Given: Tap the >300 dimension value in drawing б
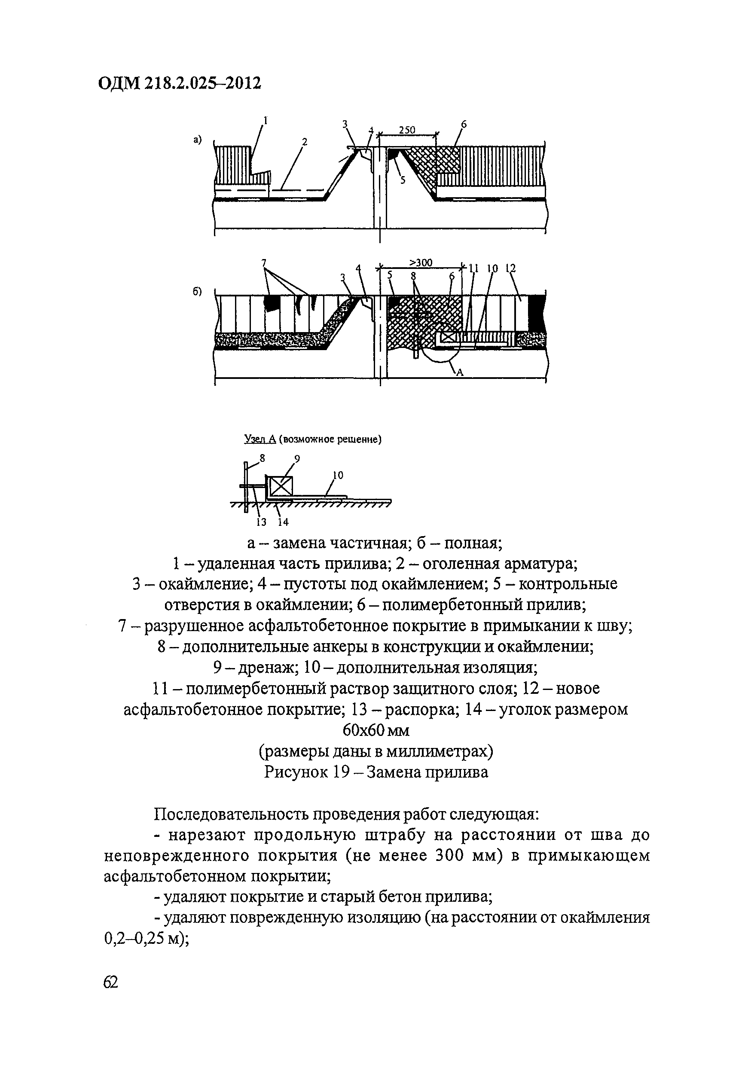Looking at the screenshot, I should click(x=421, y=263).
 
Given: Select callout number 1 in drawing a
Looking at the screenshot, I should click(x=266, y=121).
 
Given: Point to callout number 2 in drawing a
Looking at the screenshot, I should click(x=304, y=142).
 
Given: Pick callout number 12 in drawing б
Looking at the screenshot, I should click(x=511, y=268).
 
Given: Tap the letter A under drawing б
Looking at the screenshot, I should click(x=460, y=372).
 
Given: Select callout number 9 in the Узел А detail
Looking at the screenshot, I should click(x=297, y=459).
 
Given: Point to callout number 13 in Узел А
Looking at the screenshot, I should click(x=262, y=522).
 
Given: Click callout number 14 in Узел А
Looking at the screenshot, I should click(x=283, y=522).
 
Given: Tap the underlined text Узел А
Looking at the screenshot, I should click(x=260, y=439).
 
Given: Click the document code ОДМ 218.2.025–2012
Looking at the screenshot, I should click(x=180, y=83).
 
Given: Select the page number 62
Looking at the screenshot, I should click(x=111, y=982).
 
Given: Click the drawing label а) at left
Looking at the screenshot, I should click(x=198, y=139).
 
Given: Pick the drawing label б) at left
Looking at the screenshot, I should click(x=198, y=292).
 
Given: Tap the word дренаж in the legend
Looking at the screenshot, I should click(x=267, y=668).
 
